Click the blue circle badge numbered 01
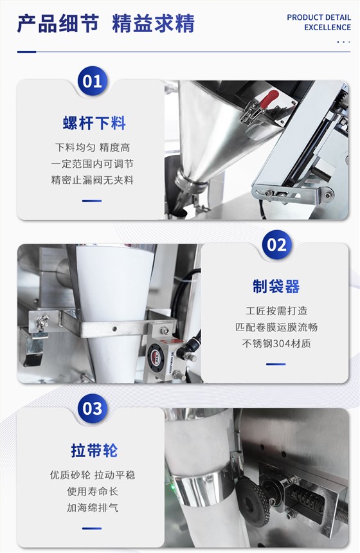pos(93,81)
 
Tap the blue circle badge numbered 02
pos(277,245)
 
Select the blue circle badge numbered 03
pos(93,408)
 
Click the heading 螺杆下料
pos(94,123)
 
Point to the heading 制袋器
pos(276,286)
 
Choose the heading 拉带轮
pos(94,450)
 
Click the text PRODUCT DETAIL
pos(319,17)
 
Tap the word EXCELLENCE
pos(328,28)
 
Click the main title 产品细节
pos(58,24)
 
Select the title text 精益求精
pos(154,24)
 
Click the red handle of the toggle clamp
pos(270,98)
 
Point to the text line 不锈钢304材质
pos(276,343)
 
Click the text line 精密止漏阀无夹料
pos(93,180)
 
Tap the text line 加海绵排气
pos(93,507)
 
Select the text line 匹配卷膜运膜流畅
pos(276,327)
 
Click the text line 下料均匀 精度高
pos(93,147)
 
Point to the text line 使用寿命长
pos(93,491)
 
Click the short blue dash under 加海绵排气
pos(92,529)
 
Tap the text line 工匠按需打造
pos(276,311)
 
